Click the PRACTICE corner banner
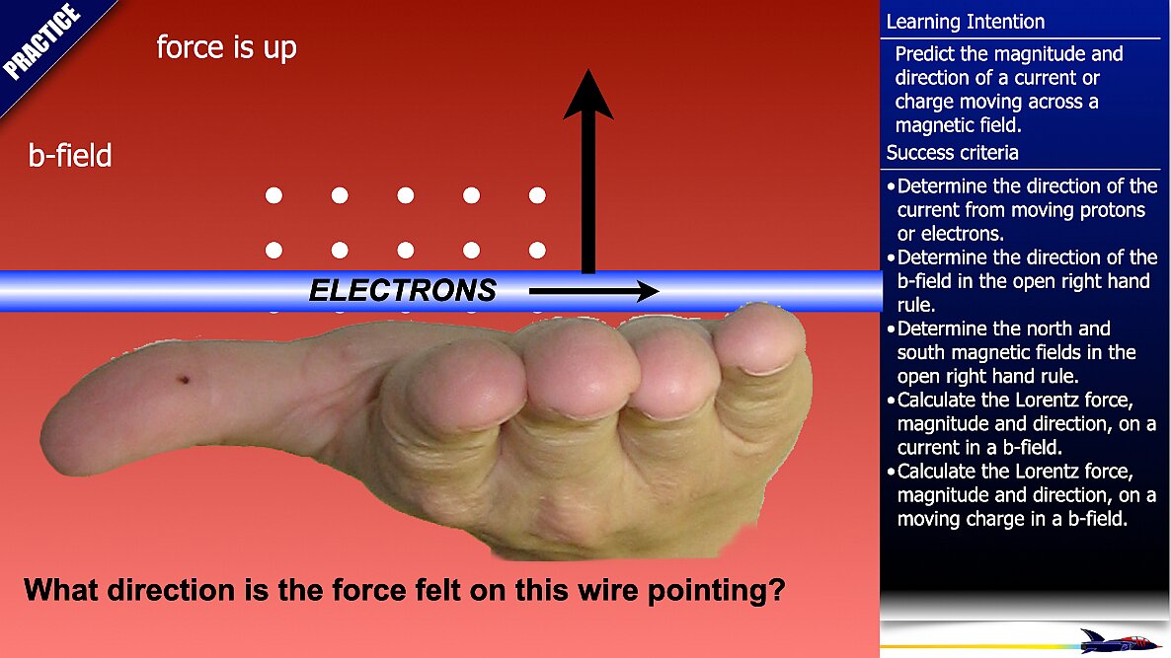tap(41, 42)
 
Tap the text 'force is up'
tap(226, 47)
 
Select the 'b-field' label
tap(70, 155)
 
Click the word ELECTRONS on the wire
tap(403, 290)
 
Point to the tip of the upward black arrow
tap(588, 69)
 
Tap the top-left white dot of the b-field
tap(274, 195)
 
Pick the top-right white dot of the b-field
tap(537, 195)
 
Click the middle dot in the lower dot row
tap(406, 250)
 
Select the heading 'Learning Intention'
tap(965, 22)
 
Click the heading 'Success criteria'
tap(952, 153)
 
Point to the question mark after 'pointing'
tap(777, 589)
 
